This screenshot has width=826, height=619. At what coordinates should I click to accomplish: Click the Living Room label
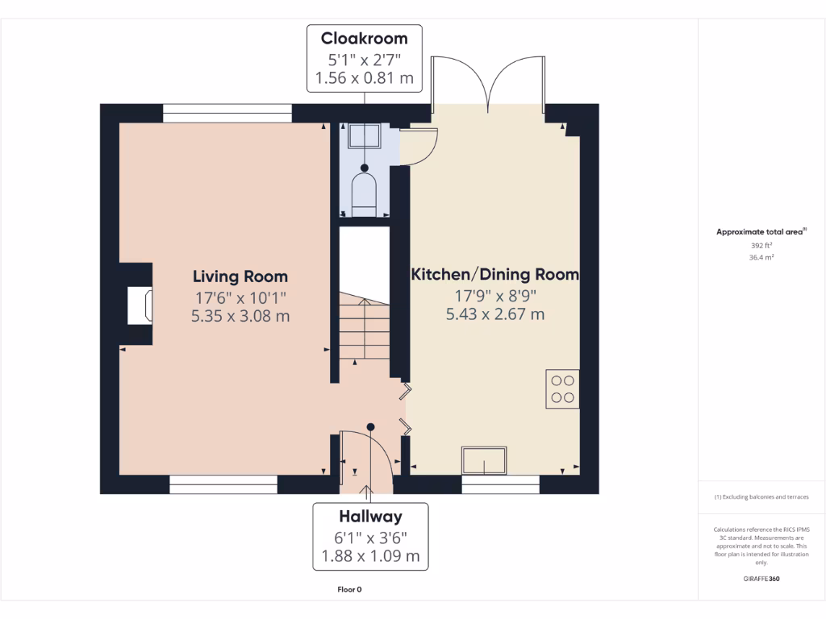pos(240,276)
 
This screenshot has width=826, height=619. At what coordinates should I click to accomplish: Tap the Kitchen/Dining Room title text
pos(494,274)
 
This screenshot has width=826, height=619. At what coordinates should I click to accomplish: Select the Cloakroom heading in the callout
pos(364,39)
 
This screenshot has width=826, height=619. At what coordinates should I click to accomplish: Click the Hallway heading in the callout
pos(370,517)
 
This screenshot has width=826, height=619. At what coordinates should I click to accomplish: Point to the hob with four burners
pos(562,388)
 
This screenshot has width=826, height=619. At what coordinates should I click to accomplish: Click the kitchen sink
pos(484,460)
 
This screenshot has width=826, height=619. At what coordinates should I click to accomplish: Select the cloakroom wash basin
pos(365,135)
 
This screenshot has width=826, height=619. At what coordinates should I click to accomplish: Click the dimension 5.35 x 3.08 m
pos(240,316)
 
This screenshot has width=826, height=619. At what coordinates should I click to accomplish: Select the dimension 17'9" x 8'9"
pos(495,296)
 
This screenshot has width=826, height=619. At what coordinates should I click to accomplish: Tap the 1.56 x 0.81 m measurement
pos(364,78)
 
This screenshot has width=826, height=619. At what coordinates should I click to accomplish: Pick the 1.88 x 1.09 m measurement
pos(370,556)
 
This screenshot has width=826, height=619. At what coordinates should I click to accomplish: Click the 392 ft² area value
pos(761,245)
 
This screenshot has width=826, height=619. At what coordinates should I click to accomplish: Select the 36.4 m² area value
pos(761,257)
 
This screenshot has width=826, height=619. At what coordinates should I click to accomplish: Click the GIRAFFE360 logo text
pos(761,579)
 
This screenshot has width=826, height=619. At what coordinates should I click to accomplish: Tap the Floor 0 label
pos(349,589)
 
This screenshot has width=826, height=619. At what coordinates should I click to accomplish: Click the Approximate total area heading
pos(761,231)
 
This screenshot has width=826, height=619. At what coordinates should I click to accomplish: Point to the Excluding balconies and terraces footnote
pos(761,496)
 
